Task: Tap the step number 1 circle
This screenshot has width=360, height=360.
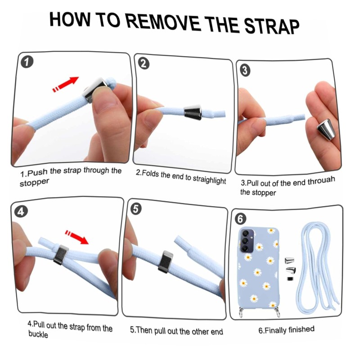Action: tap(27, 62)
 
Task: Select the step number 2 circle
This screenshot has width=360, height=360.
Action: tap(144, 63)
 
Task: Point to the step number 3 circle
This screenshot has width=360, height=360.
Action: tap(245, 70)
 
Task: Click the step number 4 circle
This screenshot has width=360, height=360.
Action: tap(21, 211)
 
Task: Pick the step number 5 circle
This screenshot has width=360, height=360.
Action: tap(136, 209)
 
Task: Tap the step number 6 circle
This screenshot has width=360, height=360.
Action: tap(240, 219)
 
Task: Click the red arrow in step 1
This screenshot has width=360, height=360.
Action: tap(66, 84)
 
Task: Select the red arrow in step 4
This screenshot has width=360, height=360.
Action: tap(76, 237)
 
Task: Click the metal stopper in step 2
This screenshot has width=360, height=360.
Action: tap(193, 112)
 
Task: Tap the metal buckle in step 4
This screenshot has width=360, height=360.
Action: tap(61, 255)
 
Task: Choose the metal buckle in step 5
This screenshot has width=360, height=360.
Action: tap(166, 262)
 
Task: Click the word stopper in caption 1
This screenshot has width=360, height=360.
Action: tap(35, 183)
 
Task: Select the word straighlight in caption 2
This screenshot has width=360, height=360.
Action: tap(209, 180)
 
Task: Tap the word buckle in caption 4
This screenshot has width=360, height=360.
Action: tap(38, 334)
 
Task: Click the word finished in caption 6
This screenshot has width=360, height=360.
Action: tap(301, 329)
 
